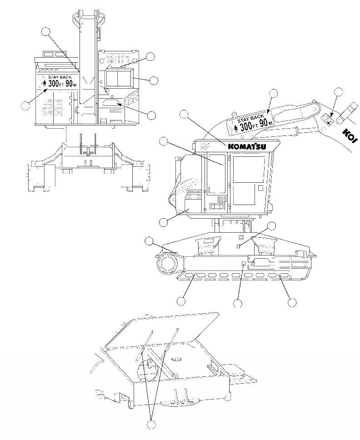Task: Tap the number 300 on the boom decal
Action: pos(245,126)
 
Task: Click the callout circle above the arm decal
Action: pos(338,92)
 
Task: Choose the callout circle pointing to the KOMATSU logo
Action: pos(184,114)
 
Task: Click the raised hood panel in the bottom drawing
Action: pos(164,332)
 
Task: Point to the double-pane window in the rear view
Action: pos(118,79)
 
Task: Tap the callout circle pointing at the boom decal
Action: pos(273,94)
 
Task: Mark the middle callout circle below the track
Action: pos(237,303)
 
